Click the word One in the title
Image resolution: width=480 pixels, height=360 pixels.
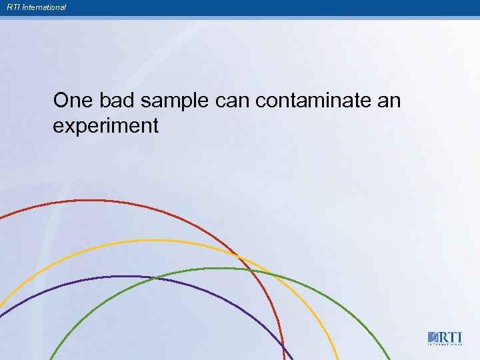pyautogui.click(x=74, y=101)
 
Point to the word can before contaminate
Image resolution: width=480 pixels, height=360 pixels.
pyautogui.click(x=233, y=101)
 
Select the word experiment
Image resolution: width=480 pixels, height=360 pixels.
pyautogui.click(x=105, y=125)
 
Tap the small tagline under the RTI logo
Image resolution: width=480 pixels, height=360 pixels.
pyautogui.click(x=444, y=345)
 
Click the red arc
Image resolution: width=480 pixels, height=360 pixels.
pyautogui.click(x=100, y=201)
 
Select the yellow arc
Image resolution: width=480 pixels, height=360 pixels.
pyautogui.click(x=153, y=241)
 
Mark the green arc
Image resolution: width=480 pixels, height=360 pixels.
pyautogui.click(x=220, y=269)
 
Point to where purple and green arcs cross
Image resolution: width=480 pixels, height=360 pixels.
pyautogui.click(x=155, y=278)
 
